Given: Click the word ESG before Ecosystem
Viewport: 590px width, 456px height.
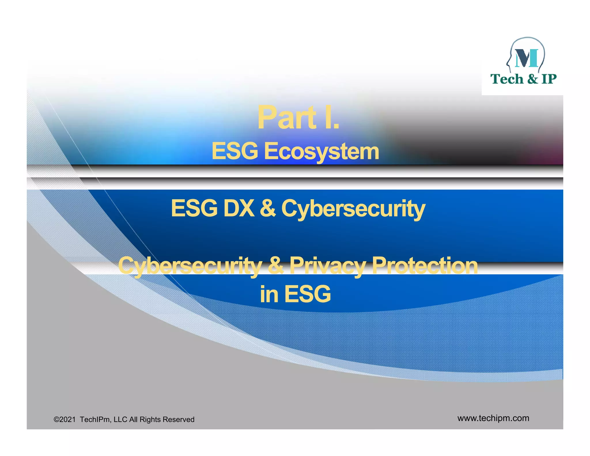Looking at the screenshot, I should (235, 151).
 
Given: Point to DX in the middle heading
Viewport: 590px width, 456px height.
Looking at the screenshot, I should (239, 208).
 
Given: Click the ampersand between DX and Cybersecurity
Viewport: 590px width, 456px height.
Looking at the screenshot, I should (268, 208).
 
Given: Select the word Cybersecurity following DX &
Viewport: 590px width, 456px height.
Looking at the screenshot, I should (353, 209).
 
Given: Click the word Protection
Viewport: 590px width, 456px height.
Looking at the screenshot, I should (425, 266).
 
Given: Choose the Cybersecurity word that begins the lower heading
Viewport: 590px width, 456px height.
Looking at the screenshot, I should (190, 266).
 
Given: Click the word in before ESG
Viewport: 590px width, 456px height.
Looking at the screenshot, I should (269, 294).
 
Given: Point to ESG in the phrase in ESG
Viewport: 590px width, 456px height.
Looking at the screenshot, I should (308, 294).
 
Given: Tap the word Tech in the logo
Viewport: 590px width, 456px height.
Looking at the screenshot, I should (507, 79).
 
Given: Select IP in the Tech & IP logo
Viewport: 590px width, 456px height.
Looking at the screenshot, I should (549, 79).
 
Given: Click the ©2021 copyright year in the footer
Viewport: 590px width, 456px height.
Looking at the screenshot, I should (65, 419).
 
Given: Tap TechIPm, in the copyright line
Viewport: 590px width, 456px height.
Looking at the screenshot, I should (95, 419).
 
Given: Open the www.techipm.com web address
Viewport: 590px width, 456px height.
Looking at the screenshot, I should (493, 418).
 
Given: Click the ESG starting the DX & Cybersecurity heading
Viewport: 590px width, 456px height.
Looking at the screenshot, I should (194, 208).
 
